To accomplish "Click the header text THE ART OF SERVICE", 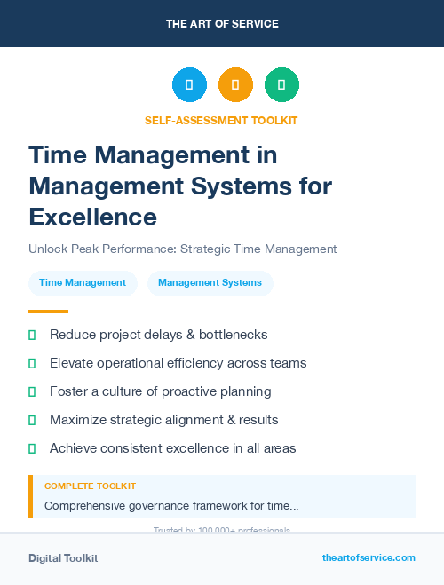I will pos(222,24).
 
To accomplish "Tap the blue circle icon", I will pos(189,85).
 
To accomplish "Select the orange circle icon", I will pos(235,85).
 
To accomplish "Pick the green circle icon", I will pos(281,85).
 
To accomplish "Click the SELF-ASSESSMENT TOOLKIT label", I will pos(221,120).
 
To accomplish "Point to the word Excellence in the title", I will pos(92,216).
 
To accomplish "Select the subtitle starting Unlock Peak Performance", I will pos(182,249).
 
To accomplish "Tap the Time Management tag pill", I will pos(83,283).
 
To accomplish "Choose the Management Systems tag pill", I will pos(210,283).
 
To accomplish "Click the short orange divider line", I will pos(48,312).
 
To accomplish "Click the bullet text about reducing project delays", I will pos(158,335).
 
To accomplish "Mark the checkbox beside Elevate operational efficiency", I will pos(32,363).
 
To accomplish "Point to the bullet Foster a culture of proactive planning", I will pos(160,391).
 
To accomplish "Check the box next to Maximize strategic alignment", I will pos(32,420).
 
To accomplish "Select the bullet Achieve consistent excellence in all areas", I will pos(172,448).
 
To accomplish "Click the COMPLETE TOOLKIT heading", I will pos(90,486).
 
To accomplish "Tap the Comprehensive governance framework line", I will pos(171,505).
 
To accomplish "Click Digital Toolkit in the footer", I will pos(63,558).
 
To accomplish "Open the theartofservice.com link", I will pos(369,557).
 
